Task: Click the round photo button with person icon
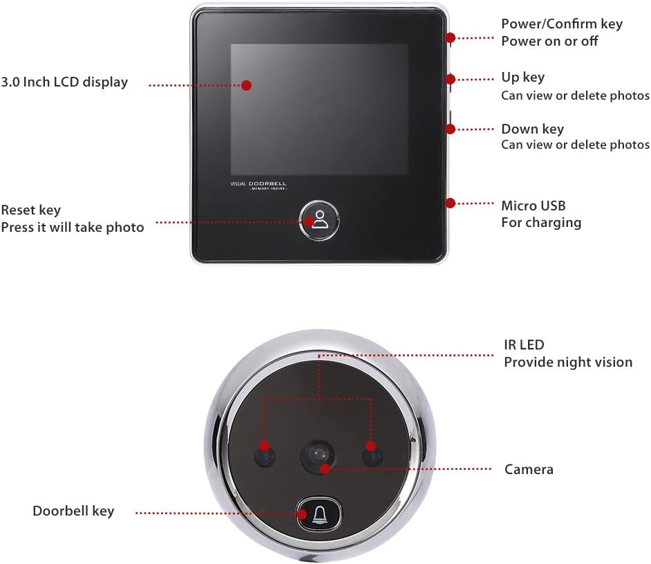[x=319, y=219]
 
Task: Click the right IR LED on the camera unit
[x=373, y=455]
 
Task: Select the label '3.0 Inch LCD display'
[x=64, y=82]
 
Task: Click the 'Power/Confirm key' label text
[x=561, y=24]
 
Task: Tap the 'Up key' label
[x=522, y=78]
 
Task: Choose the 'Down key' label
[x=532, y=129]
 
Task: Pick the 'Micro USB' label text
[x=533, y=206]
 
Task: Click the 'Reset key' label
[x=31, y=210]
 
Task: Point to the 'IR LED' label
[x=524, y=345]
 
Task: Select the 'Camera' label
[x=529, y=470]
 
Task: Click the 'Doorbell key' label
[x=73, y=511]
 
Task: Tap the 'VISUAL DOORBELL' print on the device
[x=258, y=185]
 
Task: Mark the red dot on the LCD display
[x=245, y=85]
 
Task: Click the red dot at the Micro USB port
[x=451, y=203]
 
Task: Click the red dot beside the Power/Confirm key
[x=451, y=39]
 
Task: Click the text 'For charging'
[x=540, y=223]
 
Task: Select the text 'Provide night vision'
[x=567, y=362]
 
